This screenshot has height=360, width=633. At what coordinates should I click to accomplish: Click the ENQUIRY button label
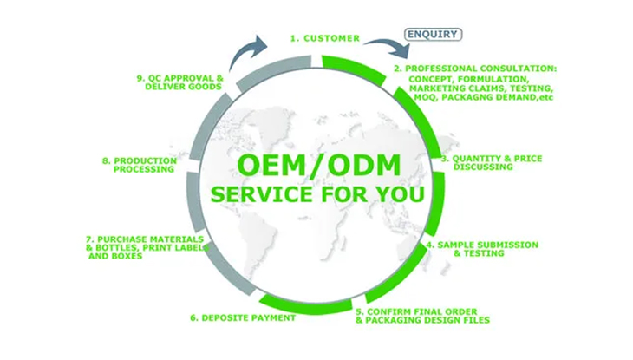pyautogui.click(x=433, y=36)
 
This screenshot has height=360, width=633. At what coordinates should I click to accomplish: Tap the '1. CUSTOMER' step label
pyautogui.click(x=325, y=38)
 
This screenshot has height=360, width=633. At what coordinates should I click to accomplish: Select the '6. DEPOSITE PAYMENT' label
pyautogui.click(x=244, y=317)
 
